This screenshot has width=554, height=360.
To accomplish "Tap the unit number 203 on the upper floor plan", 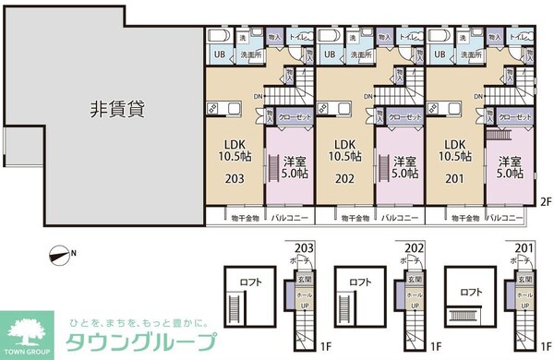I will [x=235, y=180].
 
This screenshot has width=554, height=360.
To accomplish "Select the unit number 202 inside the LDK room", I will [x=344, y=180].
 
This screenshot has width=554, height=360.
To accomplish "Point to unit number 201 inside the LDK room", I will [x=453, y=180].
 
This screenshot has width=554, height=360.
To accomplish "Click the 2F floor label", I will [x=545, y=201].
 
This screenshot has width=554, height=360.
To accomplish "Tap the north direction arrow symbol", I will [x=62, y=253].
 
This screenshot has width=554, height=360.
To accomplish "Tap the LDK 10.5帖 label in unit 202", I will [x=344, y=150].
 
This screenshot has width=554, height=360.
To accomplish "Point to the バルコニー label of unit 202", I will [x=402, y=219].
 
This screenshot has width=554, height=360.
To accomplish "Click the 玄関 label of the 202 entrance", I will [x=416, y=280].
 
